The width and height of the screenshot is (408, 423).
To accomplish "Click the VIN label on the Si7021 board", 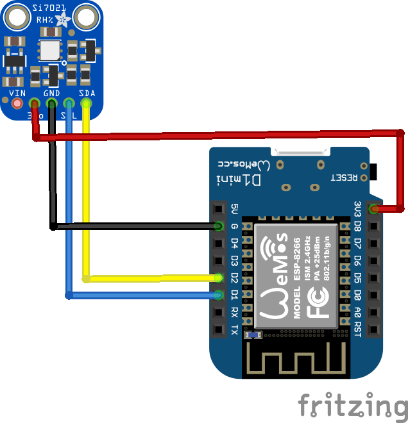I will click(x=17, y=94).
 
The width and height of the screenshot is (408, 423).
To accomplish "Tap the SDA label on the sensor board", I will click(x=87, y=94).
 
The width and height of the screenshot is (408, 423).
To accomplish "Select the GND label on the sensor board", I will click(x=52, y=94).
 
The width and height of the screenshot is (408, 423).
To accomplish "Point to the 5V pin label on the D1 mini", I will click(x=235, y=209).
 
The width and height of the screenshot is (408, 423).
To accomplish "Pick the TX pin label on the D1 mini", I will click(x=235, y=330).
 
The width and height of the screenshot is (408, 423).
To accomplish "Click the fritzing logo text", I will click(x=352, y=406).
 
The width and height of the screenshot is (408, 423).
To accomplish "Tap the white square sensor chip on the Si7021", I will click(x=49, y=51).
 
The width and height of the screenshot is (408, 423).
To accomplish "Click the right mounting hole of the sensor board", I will click(x=84, y=17).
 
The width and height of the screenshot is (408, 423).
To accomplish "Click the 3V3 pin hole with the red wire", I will click(x=373, y=209).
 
